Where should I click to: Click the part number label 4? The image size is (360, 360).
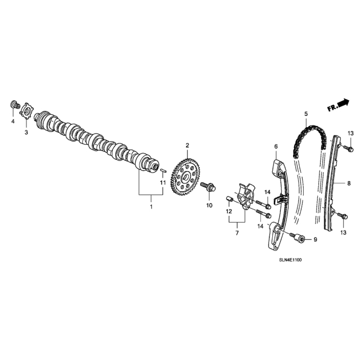[x=13, y=121]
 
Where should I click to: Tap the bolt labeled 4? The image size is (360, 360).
[x=15, y=105]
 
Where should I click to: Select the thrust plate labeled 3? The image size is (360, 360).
[x=27, y=111]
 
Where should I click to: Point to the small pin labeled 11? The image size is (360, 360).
[x=163, y=171]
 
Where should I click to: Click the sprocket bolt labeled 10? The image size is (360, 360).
[x=209, y=187]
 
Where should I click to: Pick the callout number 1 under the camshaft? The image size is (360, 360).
[x=151, y=206]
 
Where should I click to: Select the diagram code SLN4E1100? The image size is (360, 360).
[x=290, y=260]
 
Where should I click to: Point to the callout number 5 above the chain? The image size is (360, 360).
[x=306, y=114]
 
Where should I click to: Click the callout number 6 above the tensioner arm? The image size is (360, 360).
[x=276, y=146]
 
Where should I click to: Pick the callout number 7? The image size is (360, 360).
[x=237, y=233]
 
